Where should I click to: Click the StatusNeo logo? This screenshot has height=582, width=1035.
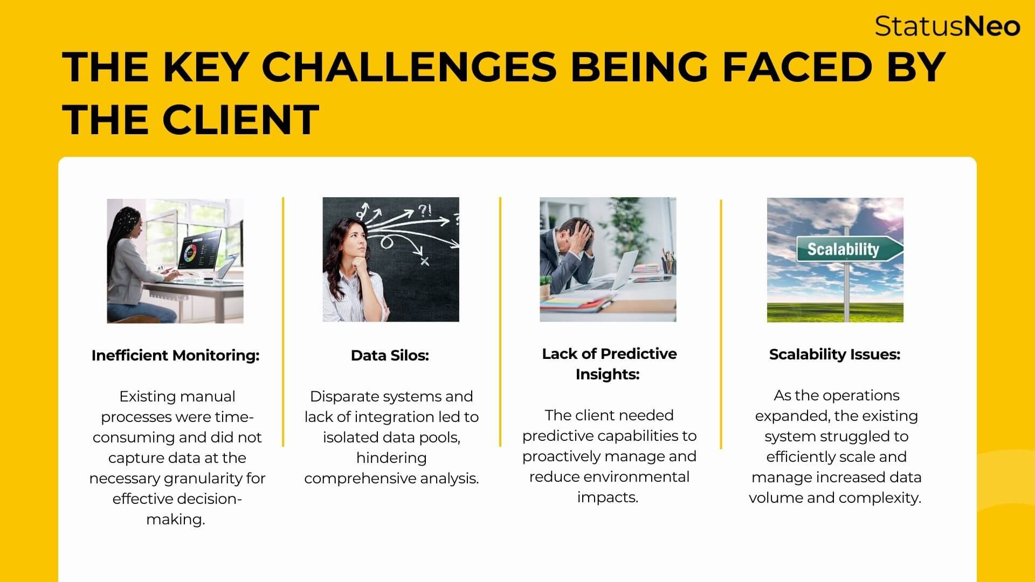point(947,26)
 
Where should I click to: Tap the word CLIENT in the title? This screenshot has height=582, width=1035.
point(240,119)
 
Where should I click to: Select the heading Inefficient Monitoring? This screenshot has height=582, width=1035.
point(175,356)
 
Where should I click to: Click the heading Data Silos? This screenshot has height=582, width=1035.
point(390,356)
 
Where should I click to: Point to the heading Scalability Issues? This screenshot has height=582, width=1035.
point(834,355)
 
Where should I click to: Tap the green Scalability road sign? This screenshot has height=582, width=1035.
point(850,249)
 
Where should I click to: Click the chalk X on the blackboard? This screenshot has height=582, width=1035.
point(425,261)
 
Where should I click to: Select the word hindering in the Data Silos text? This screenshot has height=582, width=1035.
point(391,458)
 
